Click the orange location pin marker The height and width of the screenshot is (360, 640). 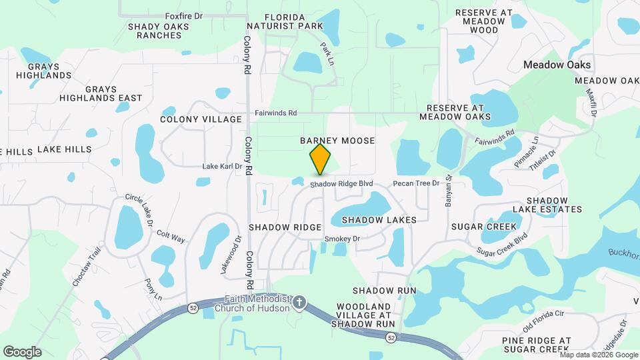click(321, 159)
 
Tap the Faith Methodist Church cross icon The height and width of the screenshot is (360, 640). click(299, 303)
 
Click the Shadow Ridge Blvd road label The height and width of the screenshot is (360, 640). click(340, 183)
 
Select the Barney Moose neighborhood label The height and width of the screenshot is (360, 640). click(337, 141)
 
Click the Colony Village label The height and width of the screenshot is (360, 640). click(201, 119)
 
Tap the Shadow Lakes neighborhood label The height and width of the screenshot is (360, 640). click(379, 219)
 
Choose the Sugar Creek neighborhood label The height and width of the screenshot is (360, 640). click(483, 227)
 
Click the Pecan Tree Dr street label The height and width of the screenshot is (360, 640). click(416, 183)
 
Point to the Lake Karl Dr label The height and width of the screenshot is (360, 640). click(222, 166)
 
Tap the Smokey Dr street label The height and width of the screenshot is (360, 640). click(342, 239)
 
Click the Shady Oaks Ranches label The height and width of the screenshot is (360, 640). click(159, 31)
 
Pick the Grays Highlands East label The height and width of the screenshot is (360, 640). click(101, 93)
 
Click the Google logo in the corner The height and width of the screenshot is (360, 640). click(22, 352)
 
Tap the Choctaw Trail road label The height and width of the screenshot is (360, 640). click(87, 267)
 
